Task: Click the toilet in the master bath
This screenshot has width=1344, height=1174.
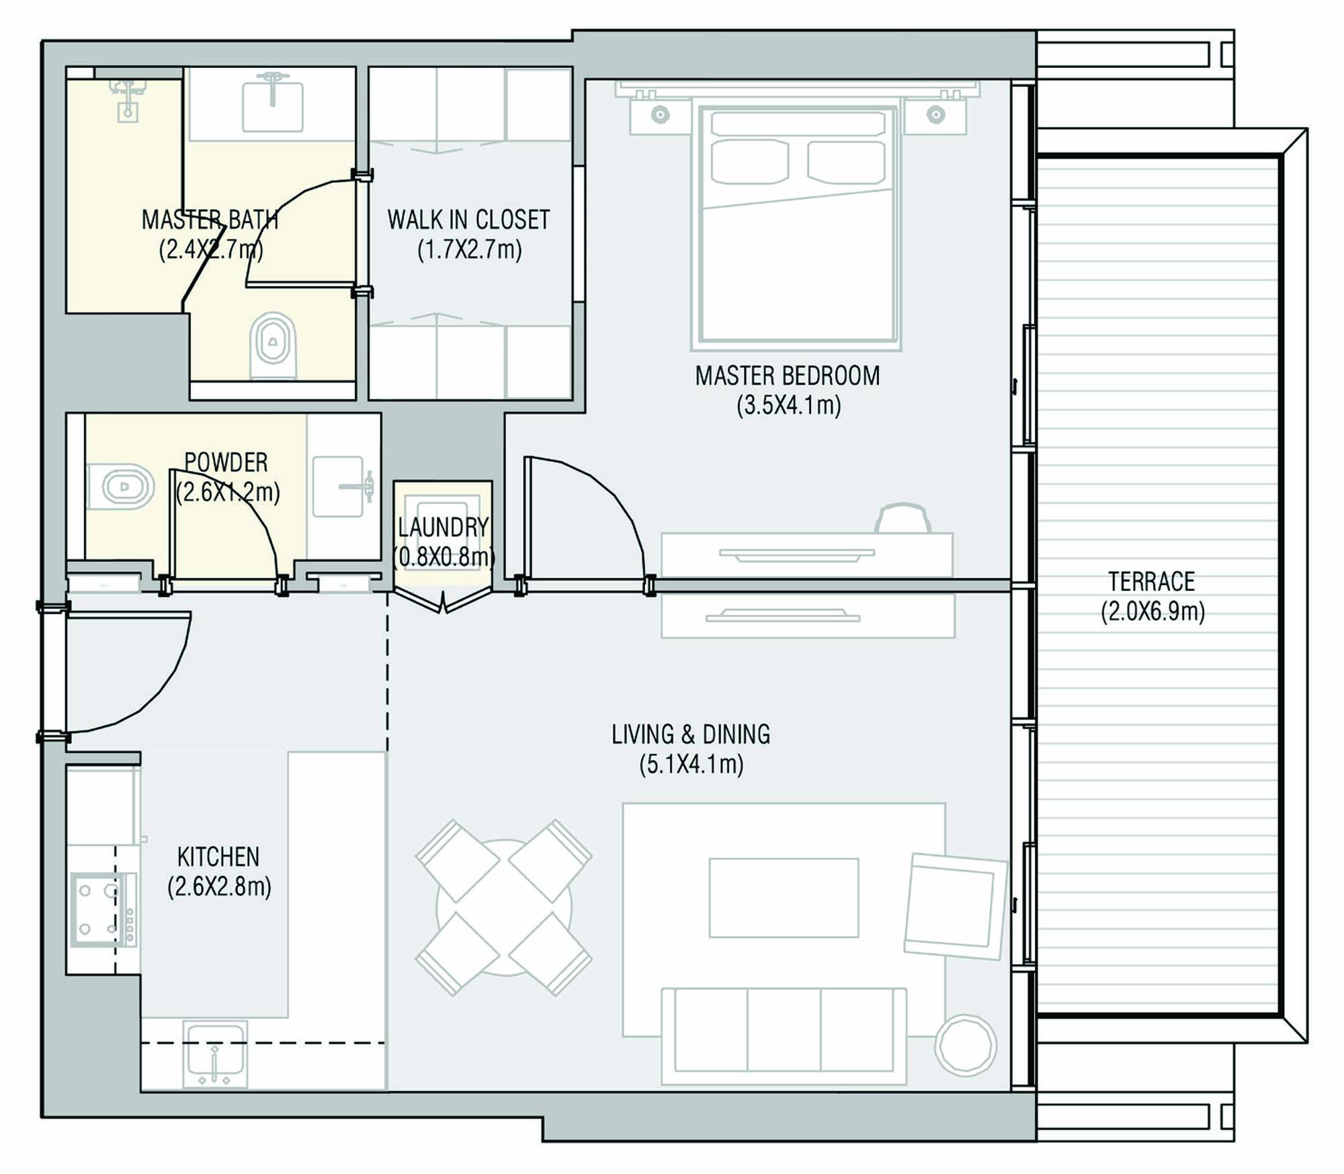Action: pyautogui.click(x=273, y=345)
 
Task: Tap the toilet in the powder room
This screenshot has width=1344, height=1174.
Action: pyautogui.click(x=121, y=486)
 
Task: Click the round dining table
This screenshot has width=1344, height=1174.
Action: pyautogui.click(x=503, y=907)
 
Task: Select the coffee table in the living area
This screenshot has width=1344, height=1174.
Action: pyautogui.click(x=784, y=897)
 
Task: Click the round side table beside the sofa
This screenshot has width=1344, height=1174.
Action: pyautogui.click(x=966, y=1045)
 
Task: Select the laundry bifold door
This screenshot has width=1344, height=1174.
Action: pyautogui.click(x=442, y=600)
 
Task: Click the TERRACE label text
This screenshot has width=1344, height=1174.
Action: pyautogui.click(x=1152, y=581)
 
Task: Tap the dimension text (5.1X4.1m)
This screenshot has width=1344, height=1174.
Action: pyautogui.click(x=691, y=765)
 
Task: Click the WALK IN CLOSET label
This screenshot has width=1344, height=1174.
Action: pyautogui.click(x=468, y=220)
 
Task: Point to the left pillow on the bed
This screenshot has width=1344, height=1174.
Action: pyautogui.click(x=749, y=162)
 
